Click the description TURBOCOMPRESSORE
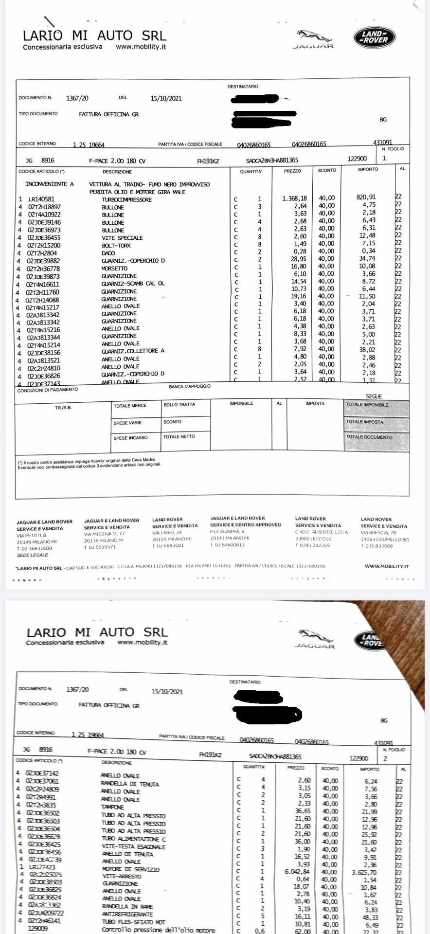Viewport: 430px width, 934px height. (x=126, y=199)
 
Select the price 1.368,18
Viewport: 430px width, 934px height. (x=294, y=198)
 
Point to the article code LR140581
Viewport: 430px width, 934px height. (x=41, y=199)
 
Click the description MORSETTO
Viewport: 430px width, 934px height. (x=114, y=269)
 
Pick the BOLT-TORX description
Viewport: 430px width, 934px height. (x=116, y=246)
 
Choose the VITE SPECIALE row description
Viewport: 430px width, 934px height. (x=122, y=238)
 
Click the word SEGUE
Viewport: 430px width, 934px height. (x=374, y=396)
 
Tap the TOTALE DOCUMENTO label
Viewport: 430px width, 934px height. (x=369, y=437)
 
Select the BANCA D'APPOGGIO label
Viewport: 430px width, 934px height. (x=190, y=386)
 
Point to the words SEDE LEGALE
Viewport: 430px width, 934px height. (x=33, y=555)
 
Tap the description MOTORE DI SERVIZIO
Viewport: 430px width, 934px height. (x=130, y=869)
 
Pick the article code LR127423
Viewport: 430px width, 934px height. (x=42, y=867)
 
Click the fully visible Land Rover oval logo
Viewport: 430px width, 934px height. (x=374, y=37)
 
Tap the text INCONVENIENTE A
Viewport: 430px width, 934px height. (x=50, y=184)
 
